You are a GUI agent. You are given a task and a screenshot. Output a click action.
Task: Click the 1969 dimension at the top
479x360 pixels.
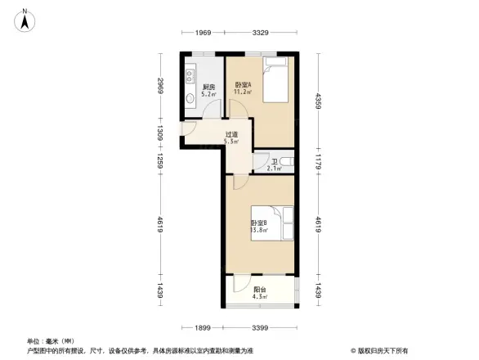point(203,34)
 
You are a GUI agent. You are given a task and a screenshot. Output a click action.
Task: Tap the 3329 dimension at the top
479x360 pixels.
point(261,34)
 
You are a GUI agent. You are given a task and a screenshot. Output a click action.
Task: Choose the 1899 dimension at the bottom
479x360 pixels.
point(204,328)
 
